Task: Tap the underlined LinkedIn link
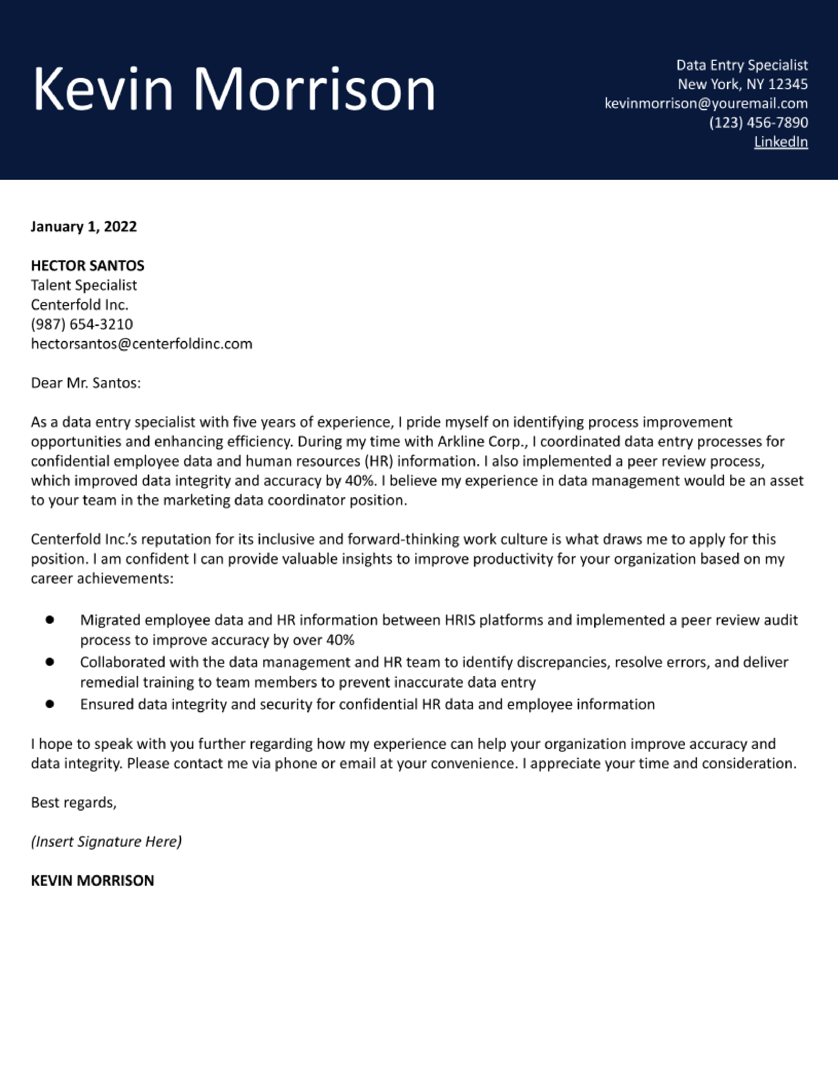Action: coord(780,142)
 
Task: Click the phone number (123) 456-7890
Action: coord(758,123)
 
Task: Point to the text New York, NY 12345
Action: coord(743,84)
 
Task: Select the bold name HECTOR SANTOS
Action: coord(87,266)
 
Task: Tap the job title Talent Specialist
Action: coord(83,285)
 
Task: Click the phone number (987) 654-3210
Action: coord(82,325)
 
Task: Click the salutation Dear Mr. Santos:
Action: coord(86,383)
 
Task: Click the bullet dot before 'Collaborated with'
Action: coord(50,662)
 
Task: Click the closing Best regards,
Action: coord(74,802)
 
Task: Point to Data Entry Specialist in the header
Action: coord(742,65)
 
